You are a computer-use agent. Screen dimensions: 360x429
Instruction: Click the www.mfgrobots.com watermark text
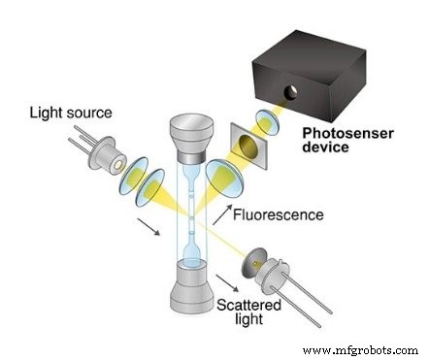[x=363, y=347]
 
